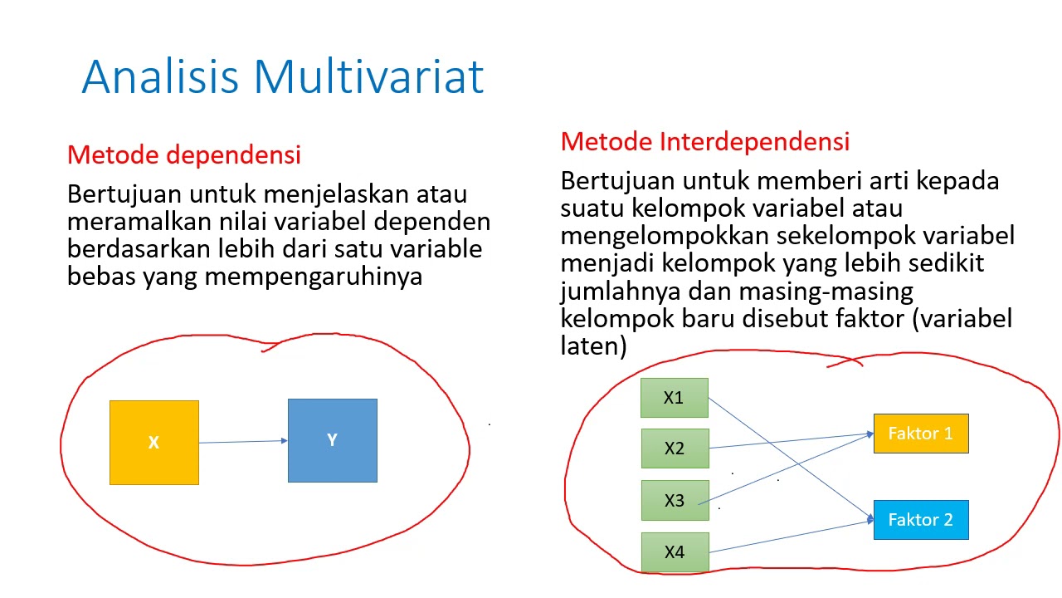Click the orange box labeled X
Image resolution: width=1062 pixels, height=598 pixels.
coord(154,442)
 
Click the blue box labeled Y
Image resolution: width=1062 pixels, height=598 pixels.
coord(332,440)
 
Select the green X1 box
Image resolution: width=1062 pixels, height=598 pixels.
coord(674,398)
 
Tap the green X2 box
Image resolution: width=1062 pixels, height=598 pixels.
coord(674,448)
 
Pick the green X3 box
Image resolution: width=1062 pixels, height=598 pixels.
coord(674,500)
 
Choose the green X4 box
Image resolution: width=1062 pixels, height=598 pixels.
coord(674,551)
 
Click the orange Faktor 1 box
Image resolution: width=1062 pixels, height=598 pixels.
coord(920,434)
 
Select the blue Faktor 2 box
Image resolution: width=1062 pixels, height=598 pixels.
coord(920,520)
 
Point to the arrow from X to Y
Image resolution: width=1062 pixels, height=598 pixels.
coord(243,441)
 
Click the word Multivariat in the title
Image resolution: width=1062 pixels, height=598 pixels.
coord(369,76)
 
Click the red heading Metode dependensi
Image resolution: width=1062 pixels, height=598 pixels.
coord(183,154)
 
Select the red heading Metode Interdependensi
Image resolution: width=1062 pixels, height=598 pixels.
coord(704,141)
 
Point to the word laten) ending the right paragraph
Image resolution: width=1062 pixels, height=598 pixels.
coord(593,346)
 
